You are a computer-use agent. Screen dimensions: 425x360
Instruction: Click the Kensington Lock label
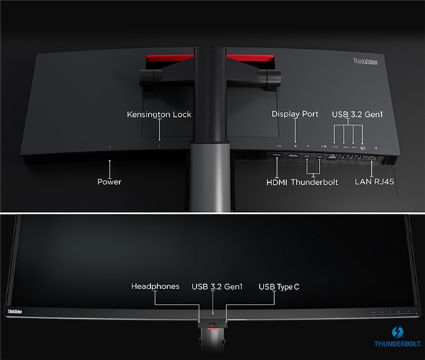[159, 114]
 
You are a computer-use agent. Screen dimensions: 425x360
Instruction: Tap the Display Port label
[295, 114]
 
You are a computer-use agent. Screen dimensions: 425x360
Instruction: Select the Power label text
[109, 182]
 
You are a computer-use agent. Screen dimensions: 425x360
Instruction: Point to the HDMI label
[276, 182]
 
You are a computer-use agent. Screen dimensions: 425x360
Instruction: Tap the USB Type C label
[280, 286]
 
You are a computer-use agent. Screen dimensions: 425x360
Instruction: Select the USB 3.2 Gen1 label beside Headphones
[217, 286]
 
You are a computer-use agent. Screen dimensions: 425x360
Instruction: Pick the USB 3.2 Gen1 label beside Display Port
[357, 114]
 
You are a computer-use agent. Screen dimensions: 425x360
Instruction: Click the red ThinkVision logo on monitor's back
[365, 62]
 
